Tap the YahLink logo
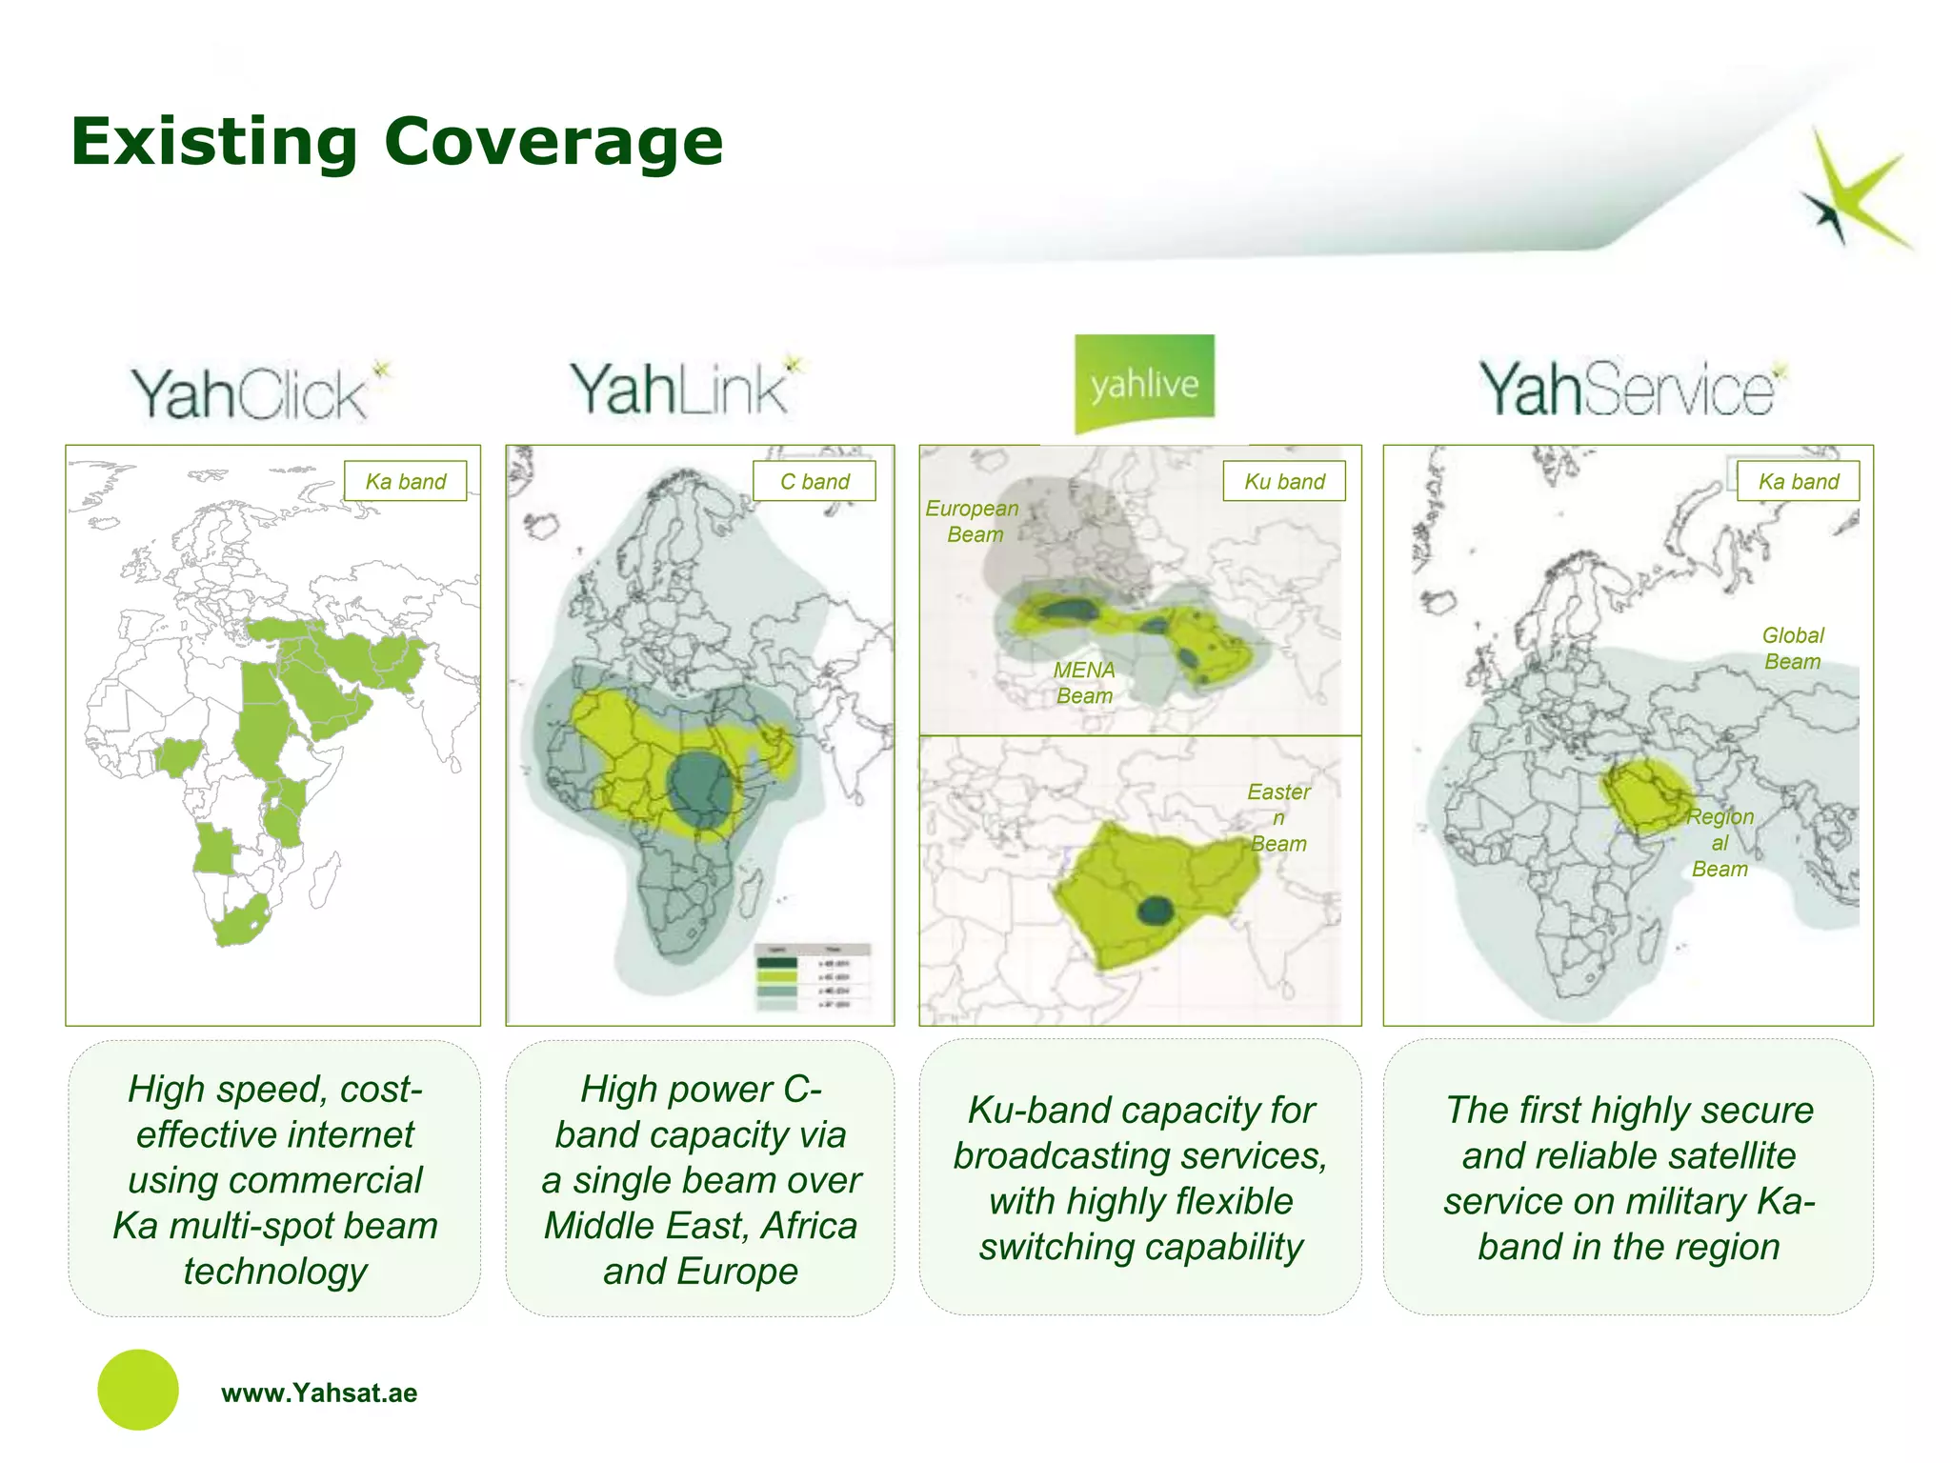click(x=686, y=389)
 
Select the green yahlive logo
click(x=1144, y=383)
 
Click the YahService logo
click(x=1631, y=389)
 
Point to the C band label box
click(x=814, y=482)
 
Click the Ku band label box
click(x=1283, y=482)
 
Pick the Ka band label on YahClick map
click(x=405, y=482)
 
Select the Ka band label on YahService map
click(x=1798, y=482)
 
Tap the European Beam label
click(x=973, y=522)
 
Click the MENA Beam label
click(x=1084, y=683)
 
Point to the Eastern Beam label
click(x=1278, y=817)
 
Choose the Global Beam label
click(x=1792, y=649)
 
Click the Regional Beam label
click(x=1720, y=843)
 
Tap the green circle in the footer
click(x=138, y=1390)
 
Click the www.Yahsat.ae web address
click(x=319, y=1393)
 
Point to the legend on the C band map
click(x=813, y=976)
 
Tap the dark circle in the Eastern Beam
click(x=1156, y=911)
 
